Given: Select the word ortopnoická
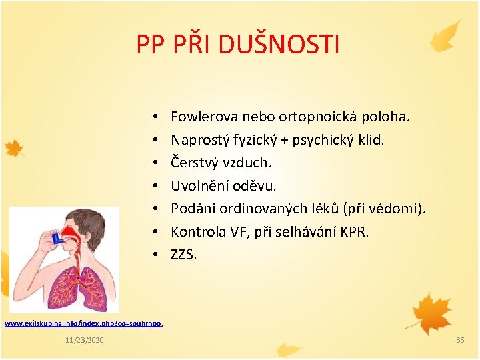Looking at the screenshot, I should point(317,117).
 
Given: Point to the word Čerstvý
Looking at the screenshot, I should point(193,163).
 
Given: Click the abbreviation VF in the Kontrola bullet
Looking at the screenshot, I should point(237,231).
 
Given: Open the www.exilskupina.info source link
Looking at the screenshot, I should point(83,323).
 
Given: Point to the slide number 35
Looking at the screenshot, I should point(459,341).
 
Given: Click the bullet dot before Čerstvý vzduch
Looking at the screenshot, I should point(154,163).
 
